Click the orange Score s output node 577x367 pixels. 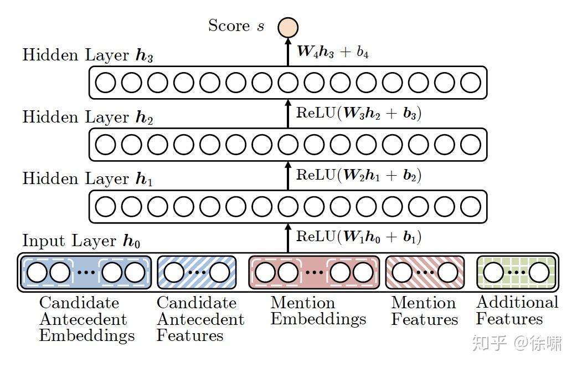[287, 27]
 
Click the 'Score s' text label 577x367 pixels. [236, 26]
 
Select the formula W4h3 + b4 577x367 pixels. [333, 52]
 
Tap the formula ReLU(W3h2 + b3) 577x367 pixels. [359, 114]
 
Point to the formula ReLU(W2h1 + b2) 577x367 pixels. [359, 175]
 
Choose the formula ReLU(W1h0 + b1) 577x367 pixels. [359, 237]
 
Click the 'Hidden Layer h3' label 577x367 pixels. [87, 56]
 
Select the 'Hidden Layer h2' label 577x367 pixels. [87, 118]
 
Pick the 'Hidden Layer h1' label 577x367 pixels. [87, 179]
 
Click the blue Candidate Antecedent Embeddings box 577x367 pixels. [86, 272]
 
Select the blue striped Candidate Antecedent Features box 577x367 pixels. [197, 272]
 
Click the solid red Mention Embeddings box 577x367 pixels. [314, 272]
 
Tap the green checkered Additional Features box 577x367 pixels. [516, 272]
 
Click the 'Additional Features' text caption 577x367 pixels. [517, 310]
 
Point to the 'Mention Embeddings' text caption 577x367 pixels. [318, 311]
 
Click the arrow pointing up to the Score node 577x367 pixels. [287, 52]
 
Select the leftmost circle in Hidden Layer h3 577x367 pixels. [105, 83]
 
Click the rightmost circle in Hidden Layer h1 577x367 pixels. [471, 206]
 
